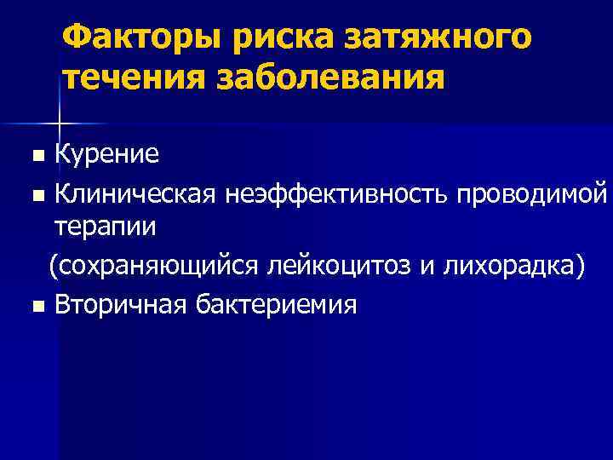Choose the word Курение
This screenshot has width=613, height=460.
pyautogui.click(x=106, y=155)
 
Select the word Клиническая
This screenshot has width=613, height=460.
pyautogui.click(x=136, y=193)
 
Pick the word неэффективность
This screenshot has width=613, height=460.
pyautogui.click(x=338, y=193)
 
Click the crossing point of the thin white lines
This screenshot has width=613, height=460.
pyautogui.click(x=59, y=123)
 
